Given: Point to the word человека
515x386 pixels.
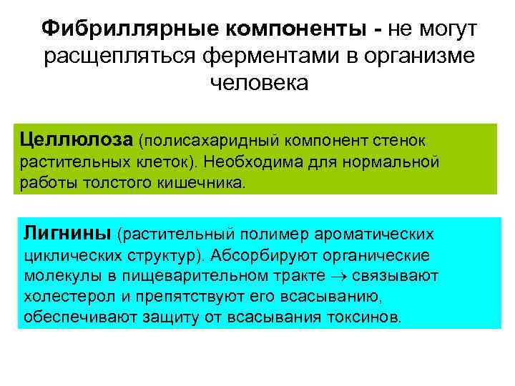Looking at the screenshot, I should [257, 83].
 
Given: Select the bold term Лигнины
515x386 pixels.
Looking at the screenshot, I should [67, 232].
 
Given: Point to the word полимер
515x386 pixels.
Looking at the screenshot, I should [273, 233].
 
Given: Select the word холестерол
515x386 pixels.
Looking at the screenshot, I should [61, 297].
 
